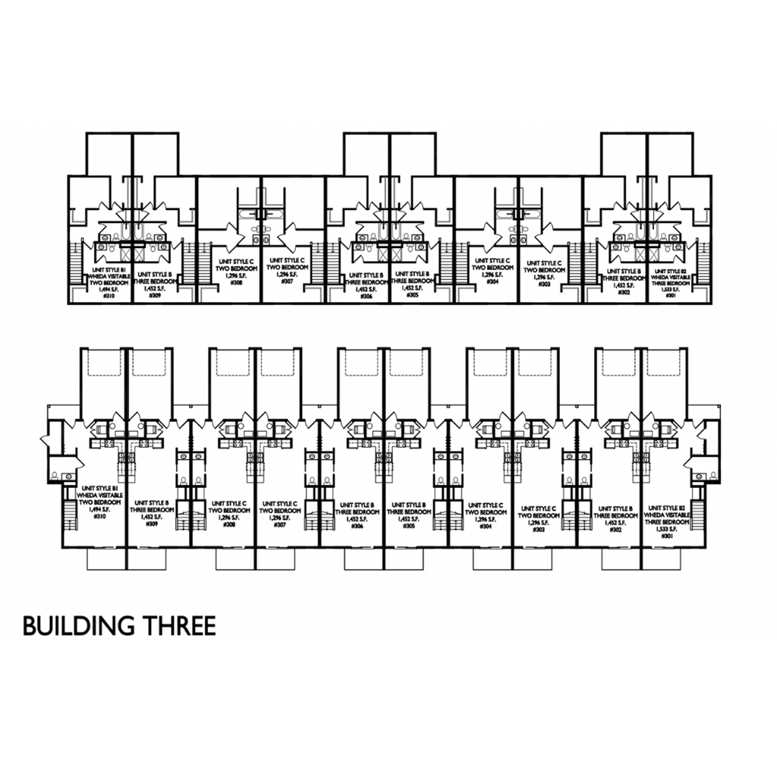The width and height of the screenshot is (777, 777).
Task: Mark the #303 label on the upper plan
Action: coord(544,283)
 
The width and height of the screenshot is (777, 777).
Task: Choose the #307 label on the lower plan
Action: coord(280,524)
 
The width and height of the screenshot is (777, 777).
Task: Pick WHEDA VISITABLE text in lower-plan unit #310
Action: coord(99,495)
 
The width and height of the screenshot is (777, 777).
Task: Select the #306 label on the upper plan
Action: coord(361,295)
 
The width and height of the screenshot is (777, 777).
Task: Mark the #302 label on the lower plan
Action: coord(615,530)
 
